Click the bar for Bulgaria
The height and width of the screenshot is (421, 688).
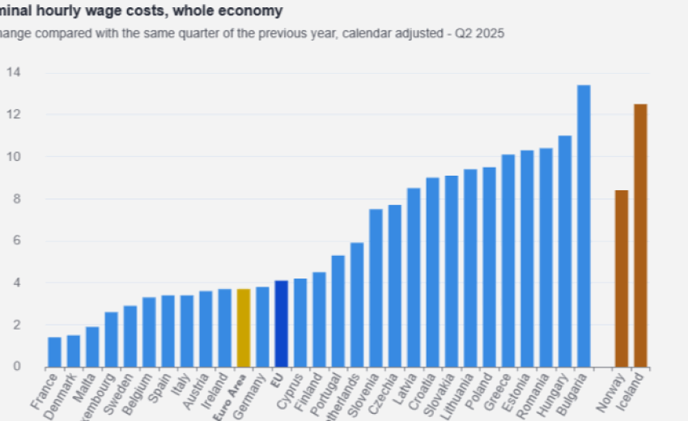pyautogui.click(x=584, y=226)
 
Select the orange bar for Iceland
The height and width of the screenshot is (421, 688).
pyautogui.click(x=640, y=235)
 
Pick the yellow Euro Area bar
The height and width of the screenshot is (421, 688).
pyautogui.click(x=244, y=327)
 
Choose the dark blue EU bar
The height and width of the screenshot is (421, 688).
pyautogui.click(x=281, y=323)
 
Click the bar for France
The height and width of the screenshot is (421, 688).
pyautogui.click(x=54, y=351)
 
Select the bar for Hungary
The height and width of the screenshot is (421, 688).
pyautogui.click(x=565, y=251)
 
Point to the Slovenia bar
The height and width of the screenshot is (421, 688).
pyautogui.click(x=376, y=287)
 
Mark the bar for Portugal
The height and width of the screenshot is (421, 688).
pyautogui.click(x=338, y=311)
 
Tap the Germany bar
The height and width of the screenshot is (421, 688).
pyautogui.click(x=262, y=326)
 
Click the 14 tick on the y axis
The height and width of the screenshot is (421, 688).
pyautogui.click(x=14, y=73)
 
